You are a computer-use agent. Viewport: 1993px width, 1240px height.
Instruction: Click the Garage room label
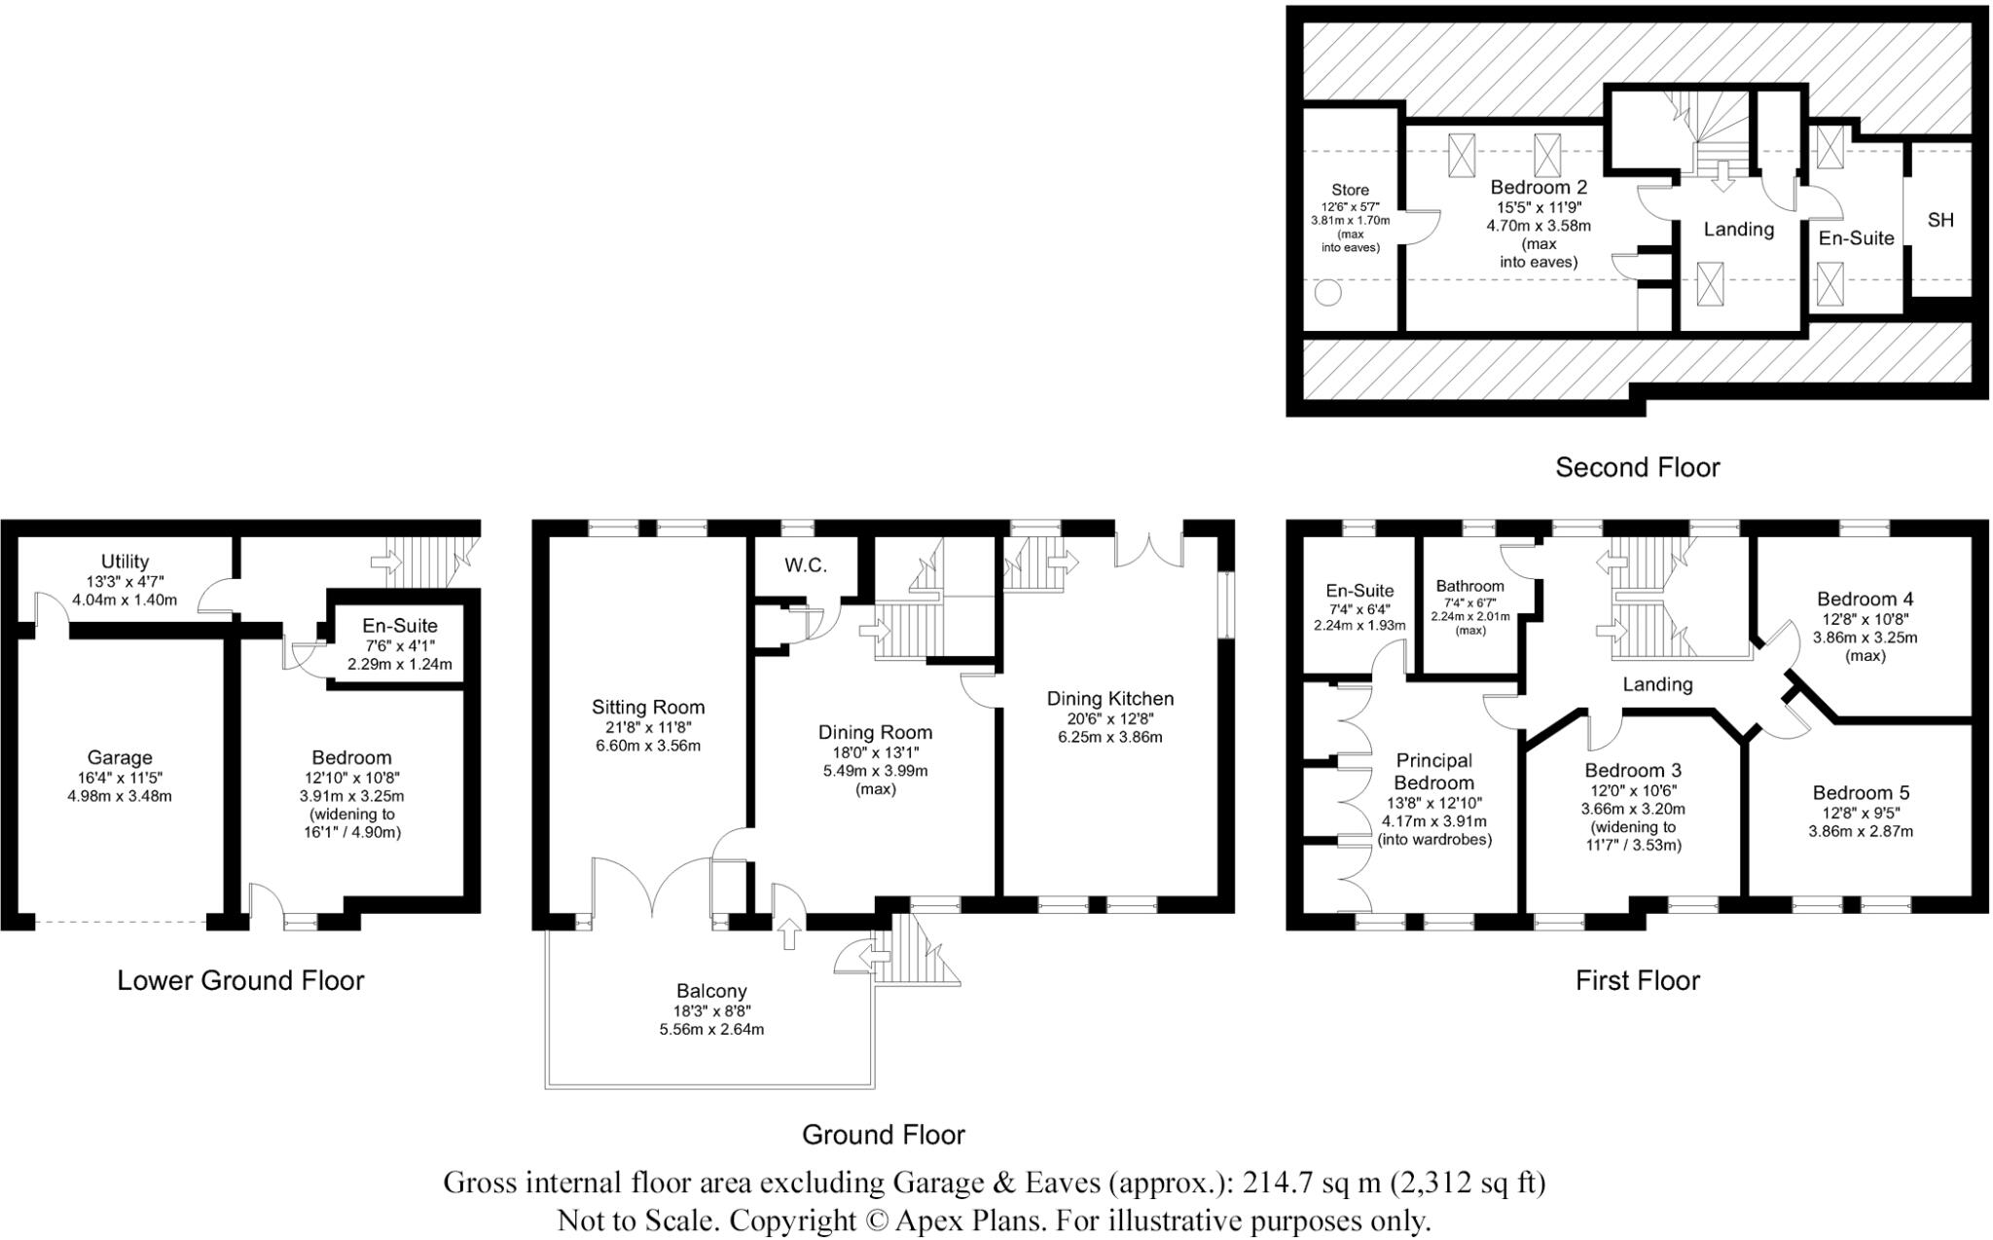click(120, 757)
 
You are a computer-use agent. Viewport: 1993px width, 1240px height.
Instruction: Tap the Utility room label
click(125, 562)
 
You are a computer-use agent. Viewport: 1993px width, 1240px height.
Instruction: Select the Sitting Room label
click(648, 708)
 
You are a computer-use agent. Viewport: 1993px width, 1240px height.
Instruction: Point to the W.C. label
click(806, 565)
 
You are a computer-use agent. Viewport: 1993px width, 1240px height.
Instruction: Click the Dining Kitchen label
click(1110, 699)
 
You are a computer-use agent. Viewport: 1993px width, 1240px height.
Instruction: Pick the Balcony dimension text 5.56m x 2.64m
click(711, 1030)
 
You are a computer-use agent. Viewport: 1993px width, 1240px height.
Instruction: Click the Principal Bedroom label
click(1434, 772)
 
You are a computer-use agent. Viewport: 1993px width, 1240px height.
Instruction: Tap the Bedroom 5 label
click(1861, 793)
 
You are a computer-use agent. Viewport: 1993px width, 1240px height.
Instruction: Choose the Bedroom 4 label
click(1865, 600)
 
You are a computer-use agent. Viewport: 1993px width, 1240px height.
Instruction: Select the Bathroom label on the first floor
click(1469, 586)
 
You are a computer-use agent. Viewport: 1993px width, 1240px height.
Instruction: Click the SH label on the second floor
click(1940, 220)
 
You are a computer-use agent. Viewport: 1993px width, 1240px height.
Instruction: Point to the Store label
click(1350, 191)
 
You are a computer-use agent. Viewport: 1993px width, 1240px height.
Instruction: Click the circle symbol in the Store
click(1328, 292)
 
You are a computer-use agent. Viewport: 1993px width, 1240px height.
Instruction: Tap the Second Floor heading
click(1638, 467)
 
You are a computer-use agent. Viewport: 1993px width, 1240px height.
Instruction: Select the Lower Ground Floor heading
click(240, 980)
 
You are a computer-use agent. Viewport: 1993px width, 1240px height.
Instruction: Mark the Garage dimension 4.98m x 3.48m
click(120, 796)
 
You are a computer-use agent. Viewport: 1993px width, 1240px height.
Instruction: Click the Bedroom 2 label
click(1539, 187)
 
